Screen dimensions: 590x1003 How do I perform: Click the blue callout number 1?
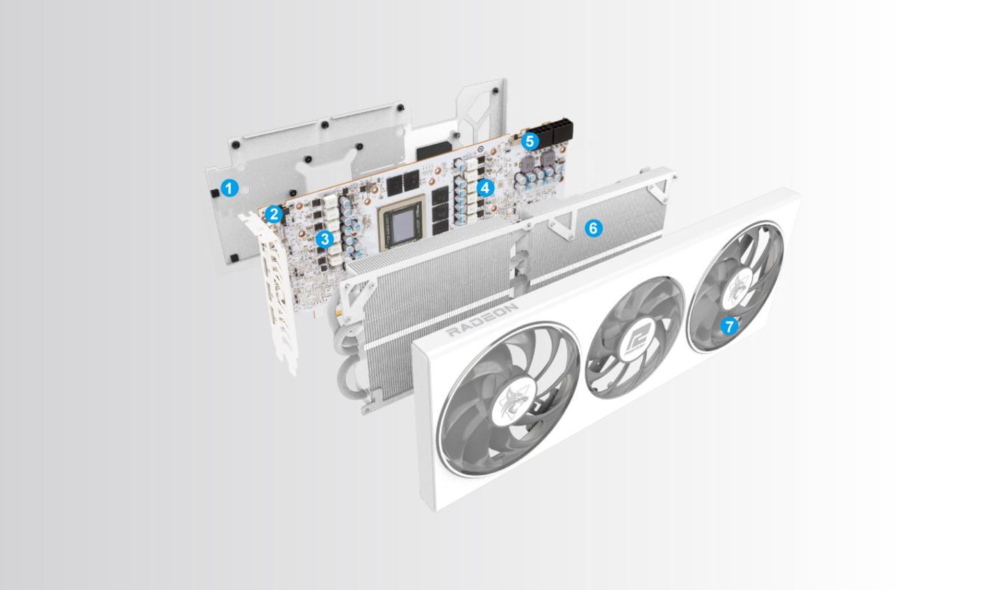coord(229,188)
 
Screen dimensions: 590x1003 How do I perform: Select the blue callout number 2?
coord(273,214)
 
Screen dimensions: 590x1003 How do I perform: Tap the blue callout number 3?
coord(325,239)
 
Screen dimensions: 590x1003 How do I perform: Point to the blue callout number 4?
coord(485,188)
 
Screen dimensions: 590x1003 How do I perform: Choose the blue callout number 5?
coord(530,141)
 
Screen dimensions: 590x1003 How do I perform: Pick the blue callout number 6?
coord(593,228)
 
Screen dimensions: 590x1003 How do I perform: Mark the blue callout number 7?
coord(729,326)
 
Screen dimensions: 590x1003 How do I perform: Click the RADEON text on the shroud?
coord(483,320)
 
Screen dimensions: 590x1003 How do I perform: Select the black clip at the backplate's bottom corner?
coord(235,257)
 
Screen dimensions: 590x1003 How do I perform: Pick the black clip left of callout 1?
coord(214,192)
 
